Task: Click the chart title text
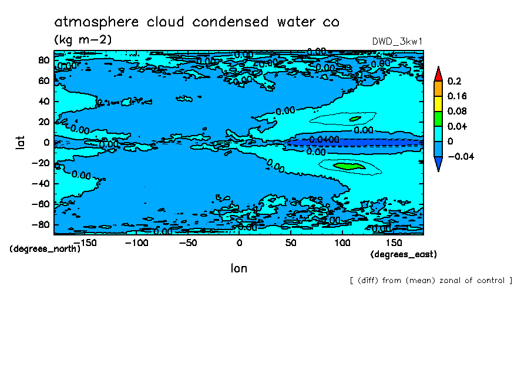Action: tap(197, 22)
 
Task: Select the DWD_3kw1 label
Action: tap(398, 41)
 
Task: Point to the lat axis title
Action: tap(20, 142)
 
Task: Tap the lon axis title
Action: tap(238, 268)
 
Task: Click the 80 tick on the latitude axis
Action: tap(43, 60)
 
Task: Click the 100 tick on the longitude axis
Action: tap(342, 242)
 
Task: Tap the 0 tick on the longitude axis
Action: tap(238, 242)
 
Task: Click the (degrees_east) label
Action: tap(404, 254)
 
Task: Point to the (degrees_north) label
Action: tap(45, 248)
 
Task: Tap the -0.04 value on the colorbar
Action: tap(461, 156)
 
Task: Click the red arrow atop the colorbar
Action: tap(438, 73)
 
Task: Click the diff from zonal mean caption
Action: tap(431, 281)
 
